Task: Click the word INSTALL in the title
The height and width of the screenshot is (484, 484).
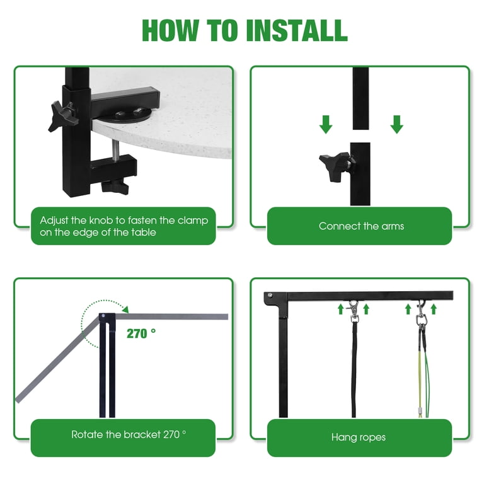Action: (x=297, y=30)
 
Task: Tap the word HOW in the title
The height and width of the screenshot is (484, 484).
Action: (x=170, y=30)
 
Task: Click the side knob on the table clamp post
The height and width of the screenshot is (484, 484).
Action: (x=61, y=117)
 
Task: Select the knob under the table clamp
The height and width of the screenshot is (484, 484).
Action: (x=115, y=186)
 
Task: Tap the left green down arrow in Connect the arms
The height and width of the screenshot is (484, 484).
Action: (x=326, y=124)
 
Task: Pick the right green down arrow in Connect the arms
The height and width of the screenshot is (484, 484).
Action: (x=396, y=124)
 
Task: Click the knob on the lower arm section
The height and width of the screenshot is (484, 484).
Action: (x=337, y=166)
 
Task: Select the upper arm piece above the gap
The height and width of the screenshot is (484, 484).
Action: (x=360, y=98)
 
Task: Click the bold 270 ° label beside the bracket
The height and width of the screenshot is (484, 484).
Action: (x=141, y=333)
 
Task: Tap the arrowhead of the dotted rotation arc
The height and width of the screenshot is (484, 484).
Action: (x=125, y=309)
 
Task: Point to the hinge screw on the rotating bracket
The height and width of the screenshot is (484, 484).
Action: (x=103, y=316)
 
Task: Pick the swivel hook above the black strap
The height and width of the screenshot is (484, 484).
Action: (x=354, y=312)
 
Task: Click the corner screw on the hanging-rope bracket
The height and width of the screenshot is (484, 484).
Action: (x=270, y=296)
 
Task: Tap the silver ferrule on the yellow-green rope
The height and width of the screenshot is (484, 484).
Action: (x=420, y=411)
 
